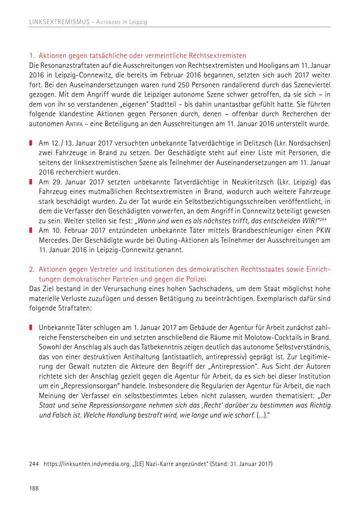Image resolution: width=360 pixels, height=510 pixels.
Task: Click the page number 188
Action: (x=34, y=488)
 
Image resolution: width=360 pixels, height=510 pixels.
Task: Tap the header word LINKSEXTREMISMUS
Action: (x=58, y=22)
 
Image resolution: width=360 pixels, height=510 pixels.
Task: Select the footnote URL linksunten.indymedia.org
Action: (x=88, y=464)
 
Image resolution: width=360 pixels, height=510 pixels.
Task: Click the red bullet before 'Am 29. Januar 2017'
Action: (x=31, y=182)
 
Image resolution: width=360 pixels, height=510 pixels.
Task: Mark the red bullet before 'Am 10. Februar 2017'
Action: (x=31, y=231)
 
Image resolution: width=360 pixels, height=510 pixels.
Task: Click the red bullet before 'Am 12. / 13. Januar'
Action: (x=31, y=143)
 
